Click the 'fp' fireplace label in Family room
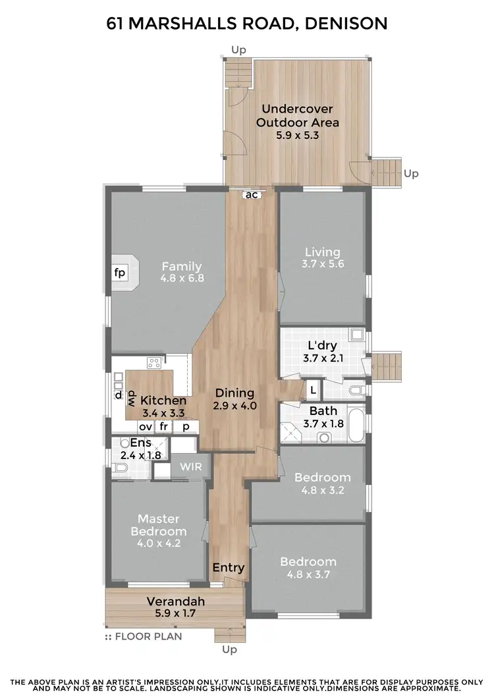pyautogui.click(x=119, y=273)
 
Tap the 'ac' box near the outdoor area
pyautogui.click(x=252, y=194)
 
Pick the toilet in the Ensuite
pyautogui.click(x=120, y=468)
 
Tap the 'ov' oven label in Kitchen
pyautogui.click(x=145, y=426)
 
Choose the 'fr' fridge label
pyautogui.click(x=163, y=426)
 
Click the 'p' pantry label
pyautogui.click(x=186, y=426)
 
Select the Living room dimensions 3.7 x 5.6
pyautogui.click(x=323, y=264)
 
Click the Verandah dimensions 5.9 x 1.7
pyautogui.click(x=175, y=613)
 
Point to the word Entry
pyautogui.click(x=229, y=567)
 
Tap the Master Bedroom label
pyautogui.click(x=159, y=524)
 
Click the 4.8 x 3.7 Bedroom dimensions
pyautogui.click(x=308, y=574)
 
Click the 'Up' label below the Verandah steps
pyautogui.click(x=229, y=650)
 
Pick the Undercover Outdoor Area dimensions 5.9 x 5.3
pyautogui.click(x=298, y=136)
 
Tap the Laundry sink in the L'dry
pyautogui.click(x=356, y=335)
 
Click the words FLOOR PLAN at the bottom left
pyautogui.click(x=148, y=636)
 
